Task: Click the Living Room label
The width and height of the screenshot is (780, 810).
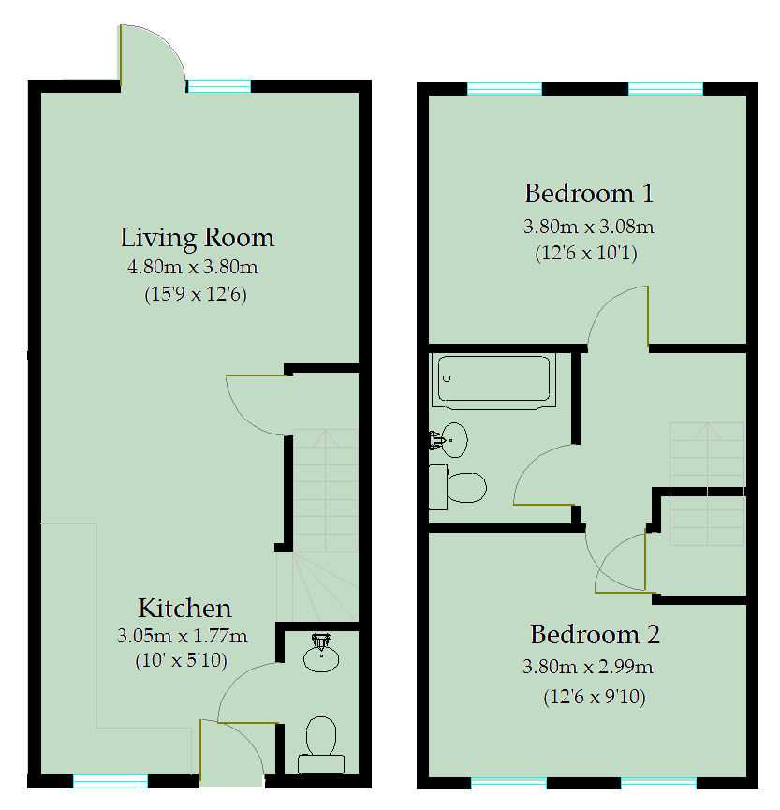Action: pos(197,237)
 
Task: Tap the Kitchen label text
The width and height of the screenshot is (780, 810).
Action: pos(184,607)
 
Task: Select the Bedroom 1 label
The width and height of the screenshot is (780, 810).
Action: pos(589,194)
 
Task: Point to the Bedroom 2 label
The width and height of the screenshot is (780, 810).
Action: pos(595,634)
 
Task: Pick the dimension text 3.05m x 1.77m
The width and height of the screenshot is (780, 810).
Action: pos(183,637)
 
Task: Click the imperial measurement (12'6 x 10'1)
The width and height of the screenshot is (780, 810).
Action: pos(587,253)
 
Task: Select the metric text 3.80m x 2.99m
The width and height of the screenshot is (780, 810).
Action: pos(588,668)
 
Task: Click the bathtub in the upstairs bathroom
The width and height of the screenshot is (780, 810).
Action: pos(493,379)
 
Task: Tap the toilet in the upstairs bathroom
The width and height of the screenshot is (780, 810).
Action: pos(460,487)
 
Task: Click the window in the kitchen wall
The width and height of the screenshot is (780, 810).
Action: pos(110,781)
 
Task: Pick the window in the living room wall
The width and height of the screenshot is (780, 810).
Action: pos(219,86)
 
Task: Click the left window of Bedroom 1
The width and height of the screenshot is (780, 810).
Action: pos(504,89)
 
